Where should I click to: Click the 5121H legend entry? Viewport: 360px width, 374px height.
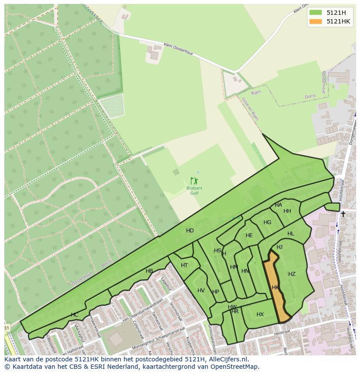click(330, 13)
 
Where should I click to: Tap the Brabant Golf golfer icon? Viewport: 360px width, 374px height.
click(194, 181)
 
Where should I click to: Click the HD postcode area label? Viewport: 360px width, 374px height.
click(190, 231)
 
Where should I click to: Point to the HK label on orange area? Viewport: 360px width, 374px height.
click(275, 288)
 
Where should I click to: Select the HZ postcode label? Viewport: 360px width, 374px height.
click(292, 274)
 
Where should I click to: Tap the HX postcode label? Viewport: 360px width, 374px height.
click(260, 314)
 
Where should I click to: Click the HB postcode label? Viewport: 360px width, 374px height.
click(149, 271)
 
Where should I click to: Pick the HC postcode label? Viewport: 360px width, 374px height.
click(74, 315)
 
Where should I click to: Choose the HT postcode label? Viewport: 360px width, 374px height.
click(184, 265)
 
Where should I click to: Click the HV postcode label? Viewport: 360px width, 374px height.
click(201, 291)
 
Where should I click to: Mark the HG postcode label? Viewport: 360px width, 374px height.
click(267, 222)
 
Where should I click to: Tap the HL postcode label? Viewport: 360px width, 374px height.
click(290, 234)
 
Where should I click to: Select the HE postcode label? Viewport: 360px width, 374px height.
click(249, 235)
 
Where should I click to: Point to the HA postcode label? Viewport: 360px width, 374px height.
click(278, 205)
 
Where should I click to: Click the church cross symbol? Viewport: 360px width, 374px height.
click(343, 214)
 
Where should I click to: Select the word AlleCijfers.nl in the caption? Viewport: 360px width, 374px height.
click(224, 359)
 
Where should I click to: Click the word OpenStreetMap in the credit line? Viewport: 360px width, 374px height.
click(235, 366)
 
